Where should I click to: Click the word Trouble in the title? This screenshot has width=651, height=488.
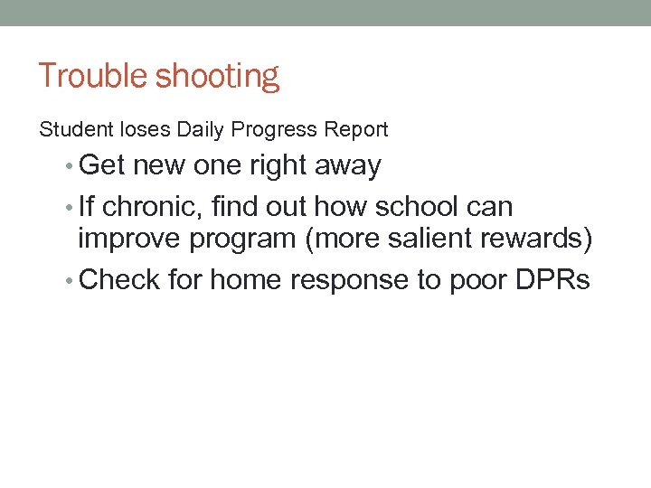(93, 76)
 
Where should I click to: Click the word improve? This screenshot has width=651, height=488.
(133, 239)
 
